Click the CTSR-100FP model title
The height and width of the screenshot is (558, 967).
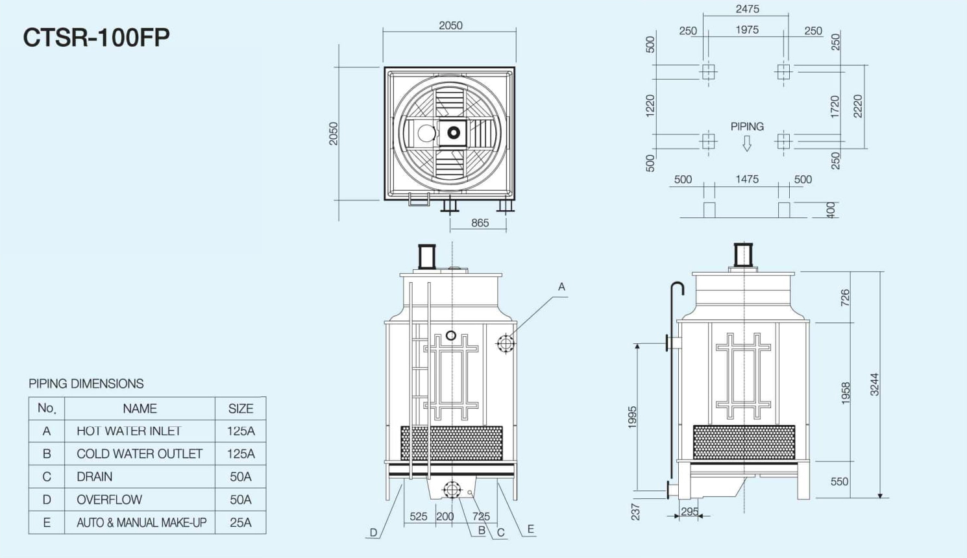coord(96,38)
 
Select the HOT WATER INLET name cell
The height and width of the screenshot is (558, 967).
coord(140,431)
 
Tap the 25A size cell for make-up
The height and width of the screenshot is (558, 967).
coord(241,522)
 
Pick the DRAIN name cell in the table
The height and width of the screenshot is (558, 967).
coord(140,476)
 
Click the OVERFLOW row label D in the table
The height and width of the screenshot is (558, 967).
coord(47,500)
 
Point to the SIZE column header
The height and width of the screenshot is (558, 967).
coord(241,408)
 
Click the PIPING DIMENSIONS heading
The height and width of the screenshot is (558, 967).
coord(86,383)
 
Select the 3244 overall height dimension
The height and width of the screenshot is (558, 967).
coord(874,385)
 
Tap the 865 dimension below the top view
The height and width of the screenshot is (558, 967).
coord(480,223)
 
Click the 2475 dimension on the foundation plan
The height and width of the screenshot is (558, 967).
coord(747,8)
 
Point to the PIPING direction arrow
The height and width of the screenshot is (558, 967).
coord(747,143)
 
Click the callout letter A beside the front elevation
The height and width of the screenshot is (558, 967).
coord(561,287)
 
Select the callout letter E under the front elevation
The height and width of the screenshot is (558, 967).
coord(531,529)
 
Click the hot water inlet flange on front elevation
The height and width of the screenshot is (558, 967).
coord(505,344)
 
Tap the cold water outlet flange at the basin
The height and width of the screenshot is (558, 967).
coord(452,490)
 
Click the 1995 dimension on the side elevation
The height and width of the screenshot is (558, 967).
coord(632,417)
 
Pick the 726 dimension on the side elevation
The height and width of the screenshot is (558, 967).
coord(845,298)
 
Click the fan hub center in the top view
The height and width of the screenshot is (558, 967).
coord(453,132)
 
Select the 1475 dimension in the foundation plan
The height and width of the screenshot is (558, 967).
coord(747,179)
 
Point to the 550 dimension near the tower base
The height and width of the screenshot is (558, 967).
coord(839,481)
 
